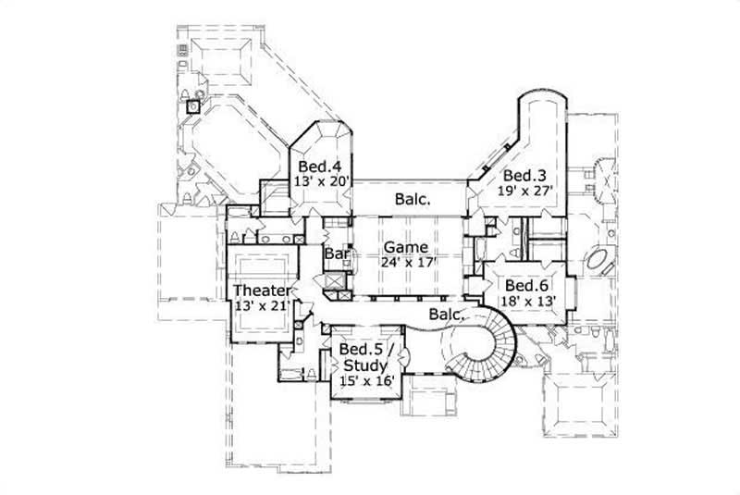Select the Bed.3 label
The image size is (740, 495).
521,176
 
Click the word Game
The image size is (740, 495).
406,247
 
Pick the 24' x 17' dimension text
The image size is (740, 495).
407,262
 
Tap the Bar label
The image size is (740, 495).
334,254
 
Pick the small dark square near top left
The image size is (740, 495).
192,106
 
